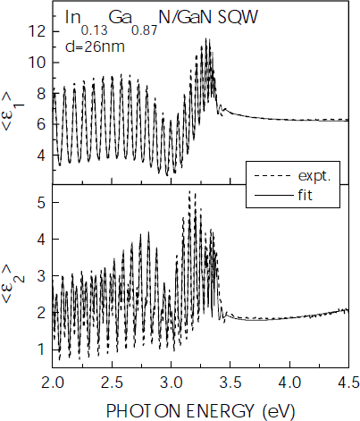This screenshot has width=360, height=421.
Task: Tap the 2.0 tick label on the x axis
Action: tap(54, 384)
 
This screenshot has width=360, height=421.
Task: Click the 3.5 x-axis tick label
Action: tap(230, 384)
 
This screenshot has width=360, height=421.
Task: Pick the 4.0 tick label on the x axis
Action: tap(289, 384)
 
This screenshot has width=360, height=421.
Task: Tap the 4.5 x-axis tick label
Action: tap(347, 384)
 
